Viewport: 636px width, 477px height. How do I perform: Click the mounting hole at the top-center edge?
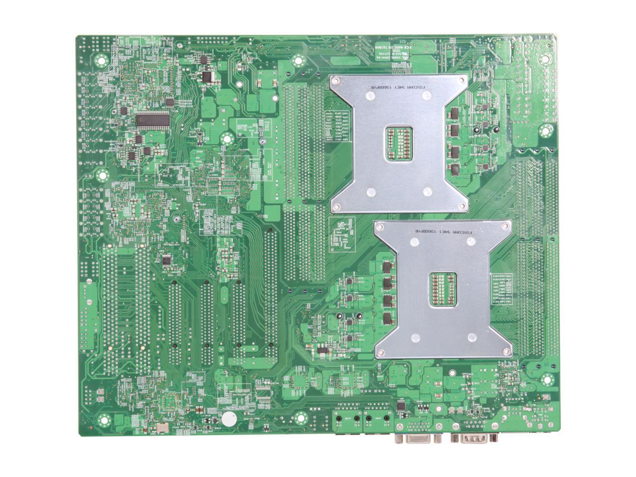point(298,62)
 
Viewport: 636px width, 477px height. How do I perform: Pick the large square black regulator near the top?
point(205,76)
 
